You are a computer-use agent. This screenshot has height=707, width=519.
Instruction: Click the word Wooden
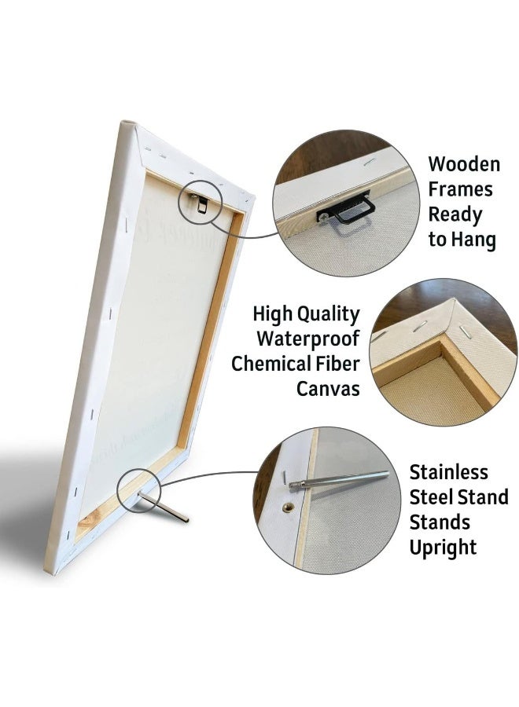pos(464,164)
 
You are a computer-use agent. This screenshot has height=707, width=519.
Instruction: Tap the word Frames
pos(460,189)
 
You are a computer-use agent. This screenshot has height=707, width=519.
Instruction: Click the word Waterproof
pos(308,339)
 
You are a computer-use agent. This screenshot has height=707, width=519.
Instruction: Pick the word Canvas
pos(328,389)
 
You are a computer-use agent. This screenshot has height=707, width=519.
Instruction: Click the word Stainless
pos(448,472)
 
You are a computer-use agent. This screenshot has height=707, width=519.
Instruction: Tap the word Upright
pos(443,548)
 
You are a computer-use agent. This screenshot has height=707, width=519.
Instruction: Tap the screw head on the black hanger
pos(324,217)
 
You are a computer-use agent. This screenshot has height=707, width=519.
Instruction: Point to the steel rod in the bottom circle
pos(339,479)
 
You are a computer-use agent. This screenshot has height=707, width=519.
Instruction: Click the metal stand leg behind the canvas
pos(164,507)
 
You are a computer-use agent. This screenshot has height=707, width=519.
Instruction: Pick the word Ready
pos(455,215)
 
